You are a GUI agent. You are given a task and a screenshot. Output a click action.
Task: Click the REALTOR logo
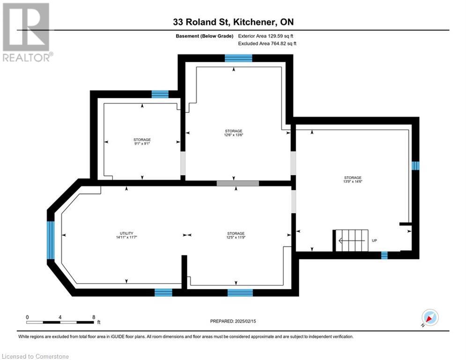[x=26, y=32]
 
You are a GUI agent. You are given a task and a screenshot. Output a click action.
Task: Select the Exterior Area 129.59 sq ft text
[x=266, y=36]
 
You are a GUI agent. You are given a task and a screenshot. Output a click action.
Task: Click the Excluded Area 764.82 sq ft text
[x=267, y=44]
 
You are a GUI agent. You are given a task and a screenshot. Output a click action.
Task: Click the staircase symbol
[x=352, y=240]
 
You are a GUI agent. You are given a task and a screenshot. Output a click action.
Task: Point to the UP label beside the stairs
[x=375, y=240]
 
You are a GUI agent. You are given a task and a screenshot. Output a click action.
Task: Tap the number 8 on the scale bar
[x=94, y=317]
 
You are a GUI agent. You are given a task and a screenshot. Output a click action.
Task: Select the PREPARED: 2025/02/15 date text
[x=233, y=321]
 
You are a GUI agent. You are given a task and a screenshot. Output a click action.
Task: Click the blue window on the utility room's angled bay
[x=51, y=240]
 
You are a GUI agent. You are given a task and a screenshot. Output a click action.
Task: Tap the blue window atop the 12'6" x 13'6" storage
[x=238, y=58]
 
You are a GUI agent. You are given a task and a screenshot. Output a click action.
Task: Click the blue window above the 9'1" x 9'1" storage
[x=160, y=94]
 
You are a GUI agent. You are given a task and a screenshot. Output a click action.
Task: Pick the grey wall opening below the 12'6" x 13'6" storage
[x=238, y=183]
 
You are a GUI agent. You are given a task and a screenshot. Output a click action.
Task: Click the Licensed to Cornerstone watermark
[x=35, y=356]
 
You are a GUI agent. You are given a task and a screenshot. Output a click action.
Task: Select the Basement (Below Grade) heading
[x=205, y=36]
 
